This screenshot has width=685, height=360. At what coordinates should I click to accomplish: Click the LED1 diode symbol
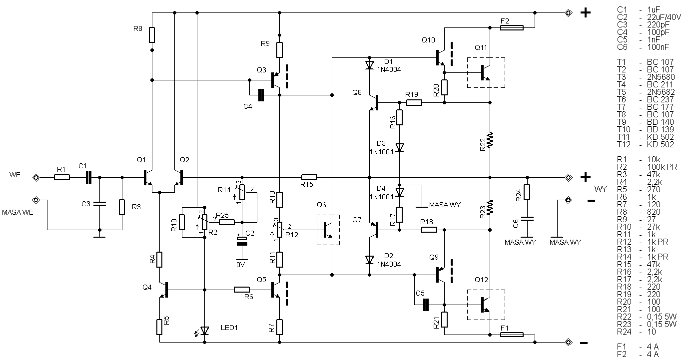[x=204, y=331]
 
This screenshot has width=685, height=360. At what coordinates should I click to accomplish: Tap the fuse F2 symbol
[x=512, y=28]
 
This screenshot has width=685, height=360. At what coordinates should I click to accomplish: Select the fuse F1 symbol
[x=512, y=335]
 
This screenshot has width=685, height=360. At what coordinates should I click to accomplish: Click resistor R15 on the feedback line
[x=309, y=177]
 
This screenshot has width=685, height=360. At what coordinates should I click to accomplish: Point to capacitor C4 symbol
[x=261, y=95]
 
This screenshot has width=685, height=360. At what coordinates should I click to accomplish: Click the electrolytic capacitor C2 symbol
[x=242, y=241]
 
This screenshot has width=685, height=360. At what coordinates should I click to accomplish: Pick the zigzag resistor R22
[x=490, y=140]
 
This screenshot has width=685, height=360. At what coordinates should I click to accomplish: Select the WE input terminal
[x=36, y=177]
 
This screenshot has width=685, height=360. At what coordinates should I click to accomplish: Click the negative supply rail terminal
[x=569, y=343]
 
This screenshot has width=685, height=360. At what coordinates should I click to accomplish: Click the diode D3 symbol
[x=399, y=148]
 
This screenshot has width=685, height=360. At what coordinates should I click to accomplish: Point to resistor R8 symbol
[x=152, y=35]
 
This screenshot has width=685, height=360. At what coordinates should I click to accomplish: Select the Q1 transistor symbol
[x=148, y=178]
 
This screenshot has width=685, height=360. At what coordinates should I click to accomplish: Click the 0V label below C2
[x=241, y=265]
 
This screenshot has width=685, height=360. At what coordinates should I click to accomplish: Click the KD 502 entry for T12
[x=660, y=145]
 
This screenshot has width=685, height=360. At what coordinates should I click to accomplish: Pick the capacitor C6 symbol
[x=527, y=219]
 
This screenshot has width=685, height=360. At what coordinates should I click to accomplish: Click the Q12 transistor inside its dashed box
[x=485, y=305]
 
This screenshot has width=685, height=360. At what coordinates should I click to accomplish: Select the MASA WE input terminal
[x=36, y=200]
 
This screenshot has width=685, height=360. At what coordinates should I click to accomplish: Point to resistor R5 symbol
[x=159, y=327]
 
